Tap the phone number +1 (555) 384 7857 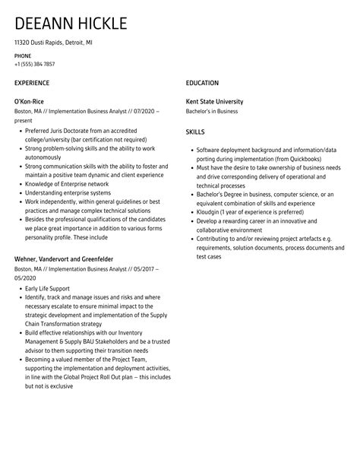pos(35,65)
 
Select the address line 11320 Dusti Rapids pos(39,43)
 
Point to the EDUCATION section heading pos(202,82)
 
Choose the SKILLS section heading pos(196,132)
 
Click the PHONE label pos(23,55)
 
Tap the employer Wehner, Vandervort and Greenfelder pos(66,259)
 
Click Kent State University pos(215,101)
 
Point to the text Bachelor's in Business pos(212,111)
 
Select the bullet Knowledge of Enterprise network pos(67,184)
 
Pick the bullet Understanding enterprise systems pos(67,194)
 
